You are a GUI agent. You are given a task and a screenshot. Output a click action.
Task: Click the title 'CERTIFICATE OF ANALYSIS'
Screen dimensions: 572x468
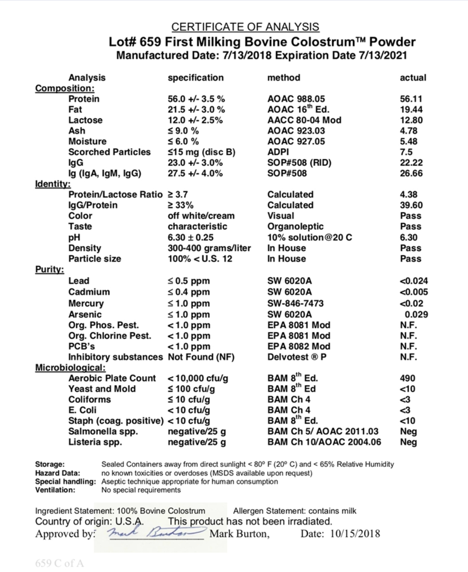tap(245, 27)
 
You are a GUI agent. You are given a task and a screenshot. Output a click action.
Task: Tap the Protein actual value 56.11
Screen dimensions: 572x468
tap(411, 99)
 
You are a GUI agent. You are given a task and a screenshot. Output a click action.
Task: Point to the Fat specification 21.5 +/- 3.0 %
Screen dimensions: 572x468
tap(196, 110)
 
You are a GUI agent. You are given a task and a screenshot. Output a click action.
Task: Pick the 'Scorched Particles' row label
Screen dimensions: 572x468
tap(109, 152)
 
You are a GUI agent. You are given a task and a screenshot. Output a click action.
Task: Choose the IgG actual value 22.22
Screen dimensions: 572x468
tap(411, 163)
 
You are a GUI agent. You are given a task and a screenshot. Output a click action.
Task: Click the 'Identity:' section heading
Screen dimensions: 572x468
tap(53, 184)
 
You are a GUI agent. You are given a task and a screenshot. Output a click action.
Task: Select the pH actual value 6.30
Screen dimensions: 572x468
tap(411, 237)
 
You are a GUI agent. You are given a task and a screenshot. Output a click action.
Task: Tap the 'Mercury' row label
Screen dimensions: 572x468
tap(86, 304)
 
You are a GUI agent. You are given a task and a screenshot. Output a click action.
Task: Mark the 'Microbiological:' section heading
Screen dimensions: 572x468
tap(70, 368)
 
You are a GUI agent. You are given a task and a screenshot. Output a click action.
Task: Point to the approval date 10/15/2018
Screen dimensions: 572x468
tap(354, 533)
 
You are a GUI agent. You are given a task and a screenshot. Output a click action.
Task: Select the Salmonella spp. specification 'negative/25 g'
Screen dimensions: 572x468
tap(196, 431)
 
